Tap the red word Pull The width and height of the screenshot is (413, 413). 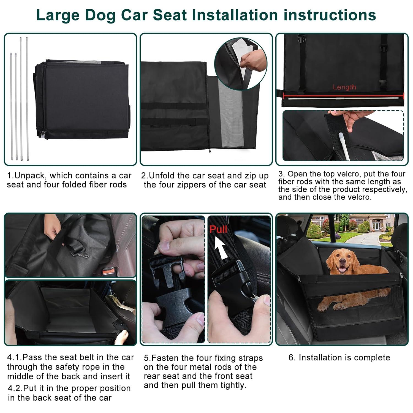coord(218,229)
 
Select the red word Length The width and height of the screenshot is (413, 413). coord(344,87)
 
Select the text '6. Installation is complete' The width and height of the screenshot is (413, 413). coord(339,358)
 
